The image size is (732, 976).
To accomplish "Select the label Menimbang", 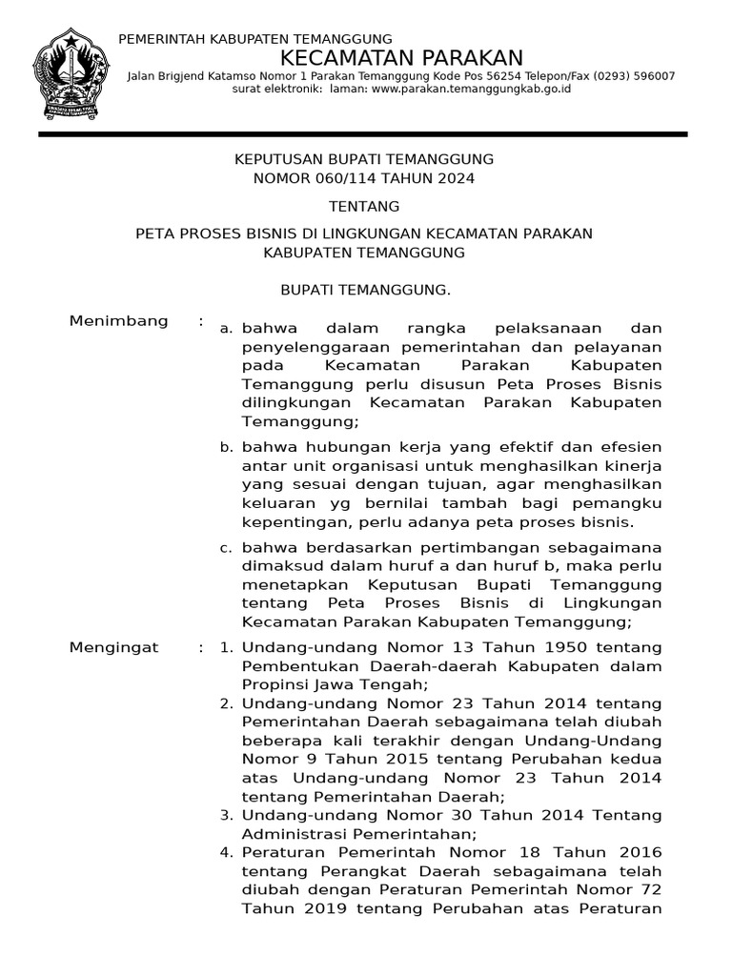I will pyautogui.click(x=119, y=321).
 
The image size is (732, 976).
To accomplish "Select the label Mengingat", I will pyautogui.click(x=114, y=648).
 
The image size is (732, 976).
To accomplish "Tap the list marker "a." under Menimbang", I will pyautogui.click(x=226, y=328).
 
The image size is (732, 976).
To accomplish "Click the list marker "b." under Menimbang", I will pyautogui.click(x=226, y=447).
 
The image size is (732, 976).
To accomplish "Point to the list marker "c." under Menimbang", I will pyautogui.click(x=226, y=548).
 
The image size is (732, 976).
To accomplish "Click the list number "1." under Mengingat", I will pyautogui.click(x=226, y=648).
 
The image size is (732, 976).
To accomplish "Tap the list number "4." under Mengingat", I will pyautogui.click(x=226, y=852).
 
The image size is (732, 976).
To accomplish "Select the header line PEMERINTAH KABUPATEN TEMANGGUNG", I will pyautogui.click(x=241, y=38).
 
